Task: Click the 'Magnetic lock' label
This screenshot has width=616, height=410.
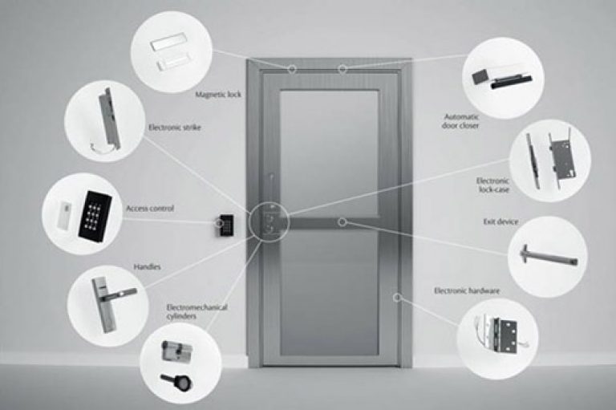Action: tap(218, 94)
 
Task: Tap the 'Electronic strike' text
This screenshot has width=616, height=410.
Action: tap(174, 127)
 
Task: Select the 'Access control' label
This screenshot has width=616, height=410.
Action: tap(150, 209)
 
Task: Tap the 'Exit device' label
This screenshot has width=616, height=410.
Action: tap(502, 221)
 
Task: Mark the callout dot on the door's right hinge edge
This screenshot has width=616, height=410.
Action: tap(396, 297)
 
